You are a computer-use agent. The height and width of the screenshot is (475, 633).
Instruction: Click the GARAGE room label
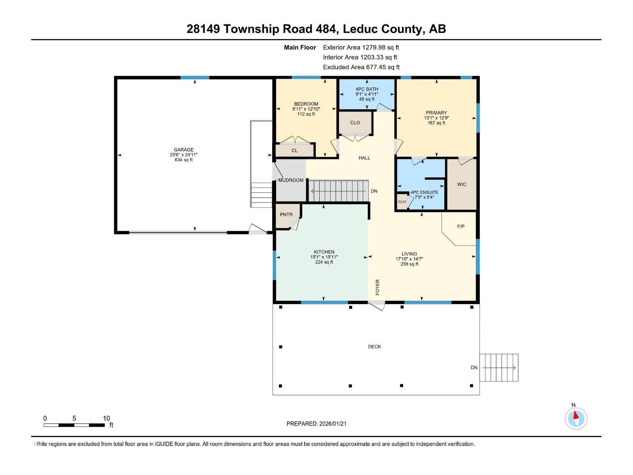click(x=184, y=150)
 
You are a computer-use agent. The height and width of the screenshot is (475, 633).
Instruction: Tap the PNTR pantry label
click(x=286, y=215)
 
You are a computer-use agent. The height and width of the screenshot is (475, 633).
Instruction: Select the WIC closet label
click(x=461, y=184)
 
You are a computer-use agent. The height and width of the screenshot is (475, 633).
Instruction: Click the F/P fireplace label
click(x=461, y=226)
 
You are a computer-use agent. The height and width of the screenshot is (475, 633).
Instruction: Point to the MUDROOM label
click(x=291, y=180)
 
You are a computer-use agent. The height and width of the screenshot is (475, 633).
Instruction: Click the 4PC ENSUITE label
click(x=424, y=192)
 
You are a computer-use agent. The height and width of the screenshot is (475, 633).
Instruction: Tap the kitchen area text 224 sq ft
click(x=324, y=262)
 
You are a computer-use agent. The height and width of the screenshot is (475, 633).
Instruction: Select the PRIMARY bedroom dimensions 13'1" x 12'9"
click(x=436, y=118)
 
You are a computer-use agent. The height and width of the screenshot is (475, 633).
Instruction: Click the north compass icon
click(x=576, y=418)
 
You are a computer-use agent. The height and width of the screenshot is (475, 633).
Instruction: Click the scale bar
click(x=74, y=425)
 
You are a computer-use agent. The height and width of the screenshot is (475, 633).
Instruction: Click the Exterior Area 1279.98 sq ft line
click(x=361, y=47)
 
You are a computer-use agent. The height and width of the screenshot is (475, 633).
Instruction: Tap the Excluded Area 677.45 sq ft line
click(x=361, y=67)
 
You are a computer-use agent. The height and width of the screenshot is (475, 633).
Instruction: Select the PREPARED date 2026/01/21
click(x=316, y=424)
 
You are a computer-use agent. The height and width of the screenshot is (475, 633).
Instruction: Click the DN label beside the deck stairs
click(x=474, y=368)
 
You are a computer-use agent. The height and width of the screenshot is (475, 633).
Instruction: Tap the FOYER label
click(x=377, y=287)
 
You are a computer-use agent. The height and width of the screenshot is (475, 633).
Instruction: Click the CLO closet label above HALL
click(x=355, y=123)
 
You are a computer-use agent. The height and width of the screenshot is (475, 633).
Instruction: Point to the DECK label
click(x=374, y=347)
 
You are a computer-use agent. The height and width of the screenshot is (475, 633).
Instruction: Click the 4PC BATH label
click(x=367, y=89)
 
